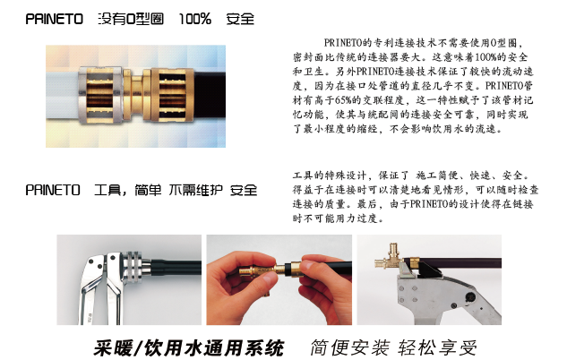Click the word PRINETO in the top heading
click(x=55, y=19)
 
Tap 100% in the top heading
click(x=195, y=19)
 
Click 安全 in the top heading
click(x=240, y=19)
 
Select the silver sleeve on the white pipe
click(x=99, y=96)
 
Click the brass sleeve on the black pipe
click(x=172, y=95)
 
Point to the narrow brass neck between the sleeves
click(x=137, y=95)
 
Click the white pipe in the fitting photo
click(x=62, y=96)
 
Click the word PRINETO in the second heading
click(x=53, y=190)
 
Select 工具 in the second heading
click(x=107, y=190)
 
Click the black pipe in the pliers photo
click(x=175, y=268)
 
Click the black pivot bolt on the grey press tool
click(x=470, y=297)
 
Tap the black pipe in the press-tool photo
click(x=460, y=262)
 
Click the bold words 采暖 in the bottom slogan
click(x=111, y=348)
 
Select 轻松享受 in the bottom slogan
click(x=437, y=348)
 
